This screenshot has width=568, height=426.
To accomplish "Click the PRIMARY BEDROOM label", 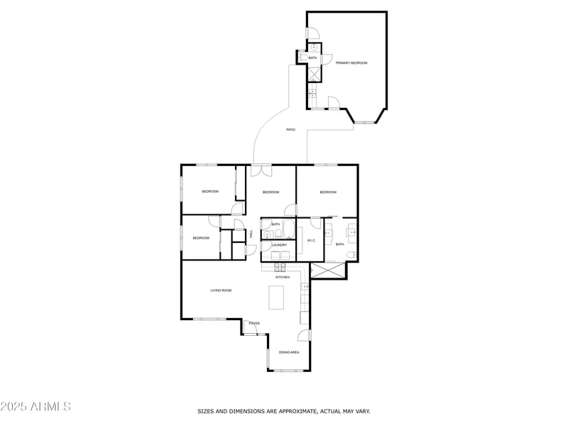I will coord(351,63).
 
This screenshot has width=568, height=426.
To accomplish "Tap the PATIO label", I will coord(290,130).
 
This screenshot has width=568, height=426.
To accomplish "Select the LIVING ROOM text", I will coord(221,290).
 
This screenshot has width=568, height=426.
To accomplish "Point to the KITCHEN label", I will coord(283,277).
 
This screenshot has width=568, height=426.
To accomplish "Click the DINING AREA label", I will coord(289,352).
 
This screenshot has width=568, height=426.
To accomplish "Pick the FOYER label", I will coord(254,324).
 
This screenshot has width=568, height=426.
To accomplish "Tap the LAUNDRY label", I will coord(279,245).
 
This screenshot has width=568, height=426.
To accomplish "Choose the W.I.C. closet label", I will coord(311,241).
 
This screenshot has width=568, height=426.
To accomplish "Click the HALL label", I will coord(251,234).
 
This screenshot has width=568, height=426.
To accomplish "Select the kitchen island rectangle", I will coord(276,296).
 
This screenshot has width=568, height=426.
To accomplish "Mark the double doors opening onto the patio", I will coord(261,170).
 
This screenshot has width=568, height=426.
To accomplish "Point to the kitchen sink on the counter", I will coord(305,287).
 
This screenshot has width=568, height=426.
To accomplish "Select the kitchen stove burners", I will coord(280,267).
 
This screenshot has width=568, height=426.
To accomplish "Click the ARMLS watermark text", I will coord(35,407).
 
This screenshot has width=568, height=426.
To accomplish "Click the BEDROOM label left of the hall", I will coord(201,238).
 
